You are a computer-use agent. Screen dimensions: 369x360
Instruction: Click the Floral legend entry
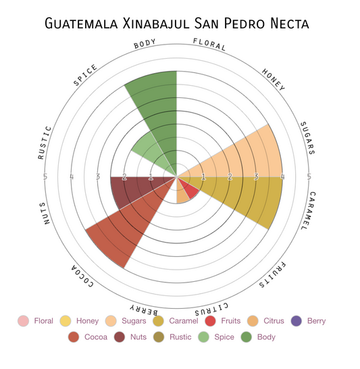37,322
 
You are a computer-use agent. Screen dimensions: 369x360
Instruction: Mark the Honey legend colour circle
66,322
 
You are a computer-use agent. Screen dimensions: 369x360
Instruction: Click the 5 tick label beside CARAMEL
309,178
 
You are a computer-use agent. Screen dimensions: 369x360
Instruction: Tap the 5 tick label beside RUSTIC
45,178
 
